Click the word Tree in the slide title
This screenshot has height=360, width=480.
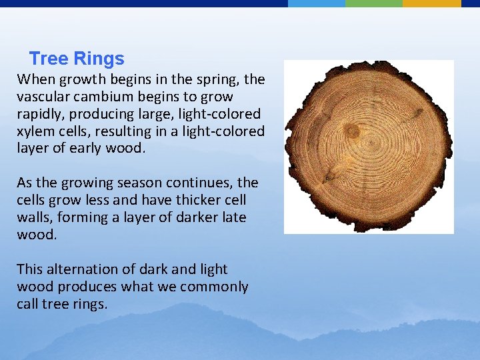point(48,59)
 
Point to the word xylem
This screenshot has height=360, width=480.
point(33,131)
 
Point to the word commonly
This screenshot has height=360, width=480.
point(215,287)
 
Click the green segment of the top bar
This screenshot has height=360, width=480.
point(374,3)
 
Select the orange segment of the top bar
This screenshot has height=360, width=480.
point(431,3)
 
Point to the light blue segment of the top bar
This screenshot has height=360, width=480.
point(317,3)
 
